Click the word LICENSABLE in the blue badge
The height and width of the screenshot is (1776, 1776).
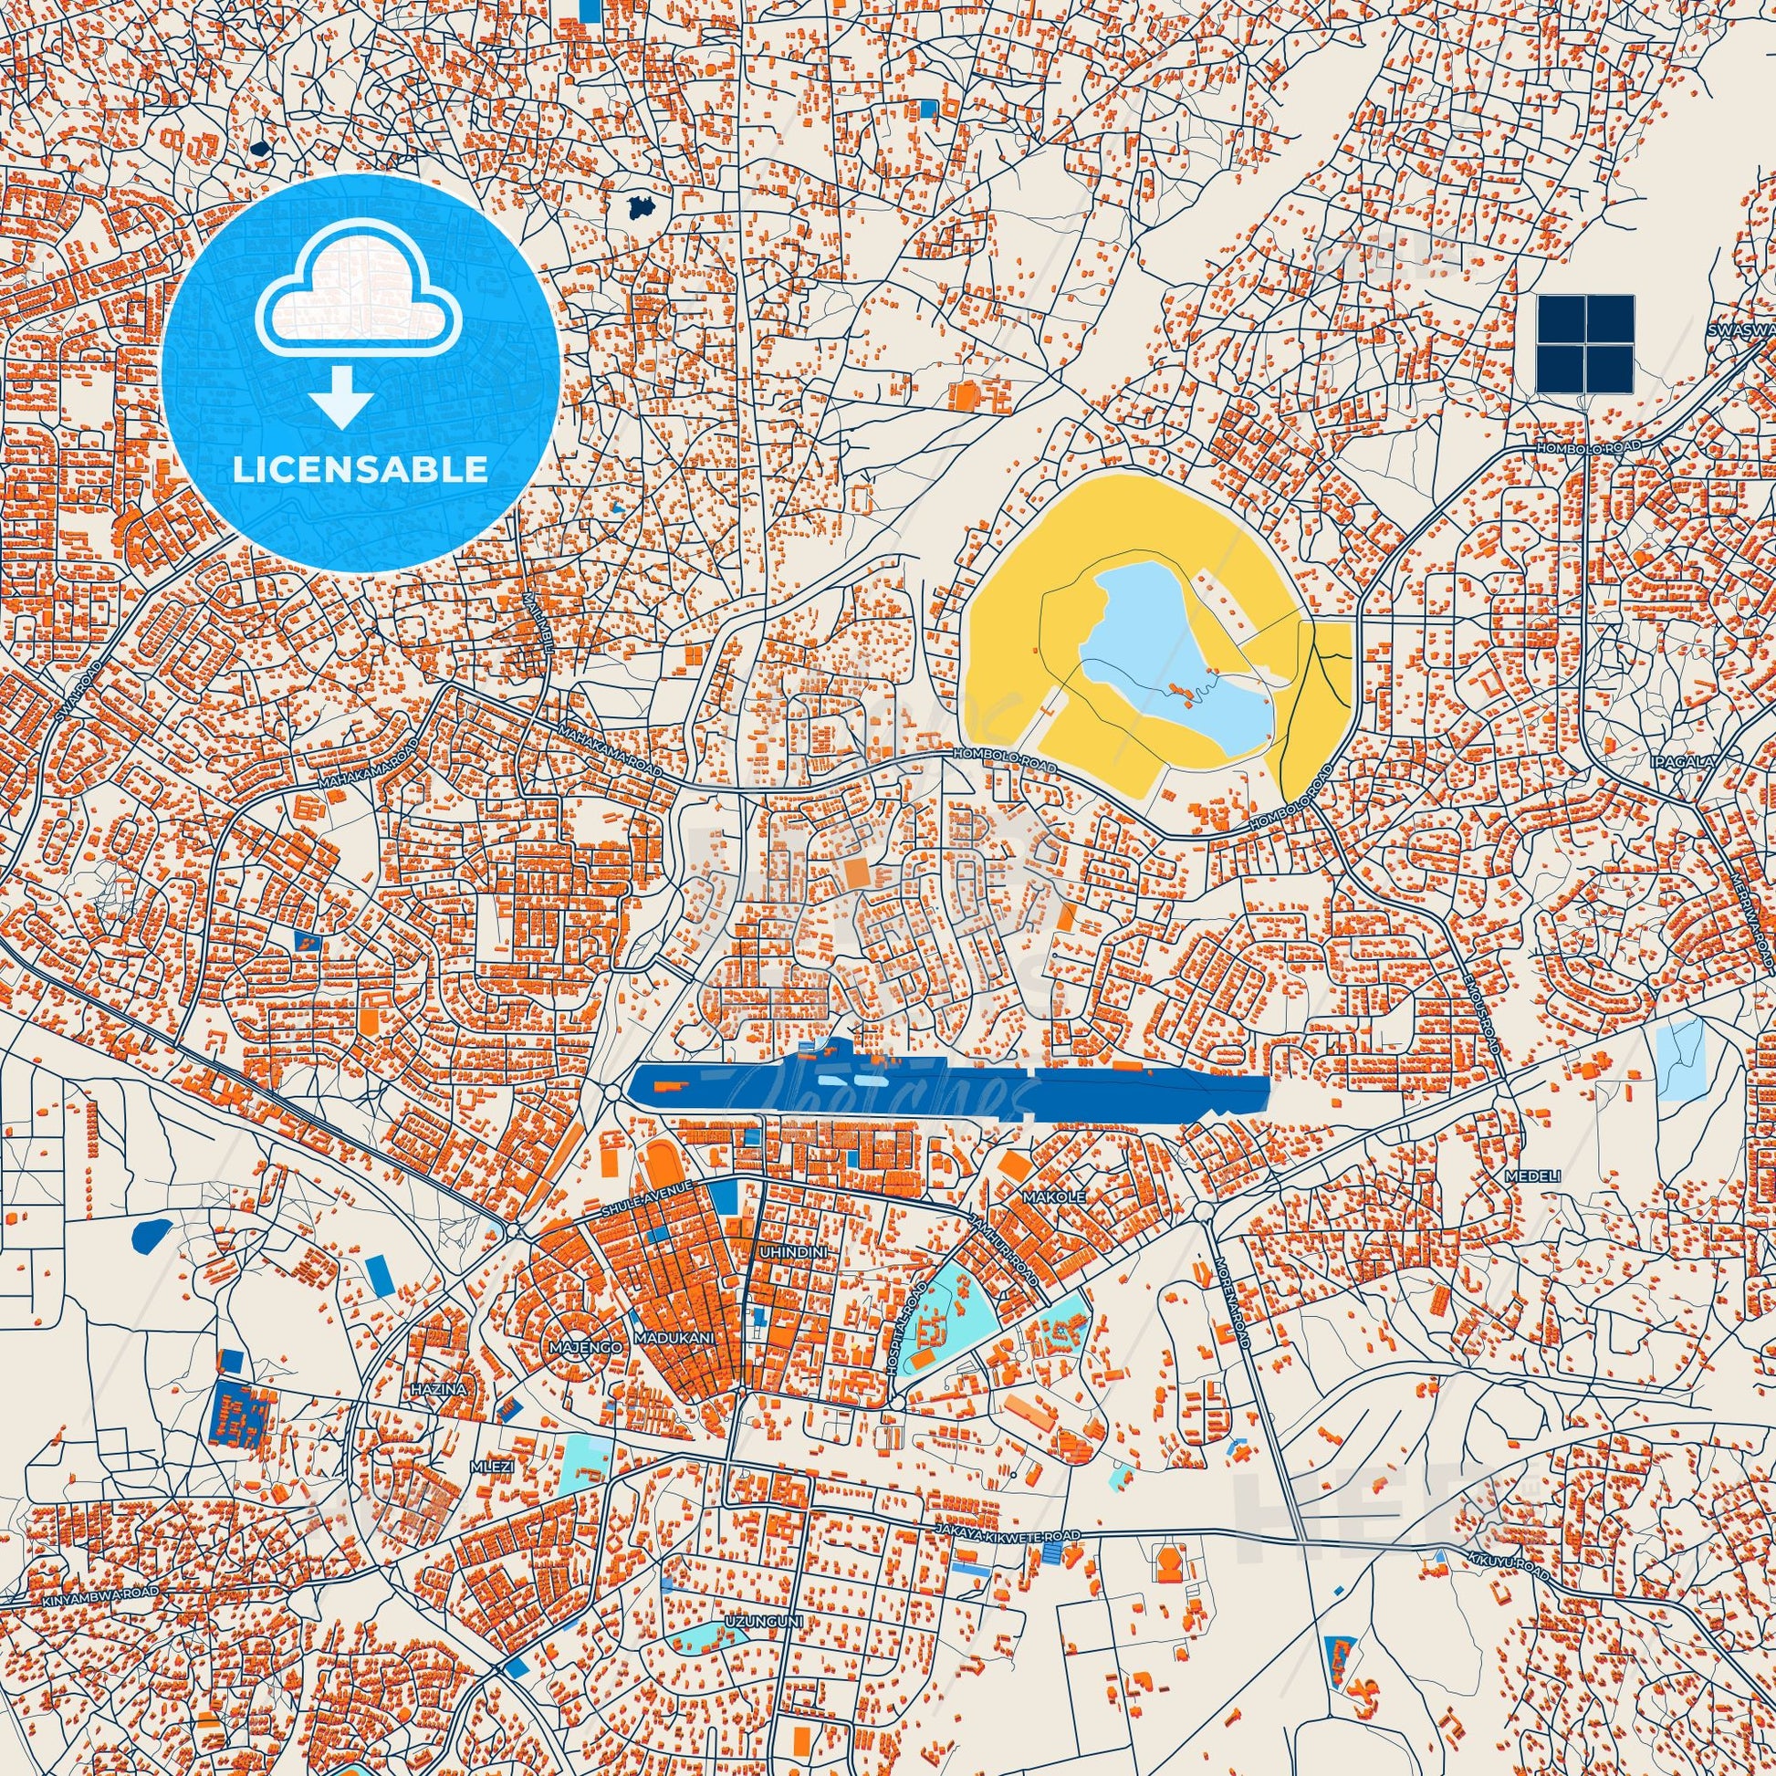pos(360,469)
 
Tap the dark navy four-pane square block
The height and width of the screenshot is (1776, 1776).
pos(1583,344)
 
